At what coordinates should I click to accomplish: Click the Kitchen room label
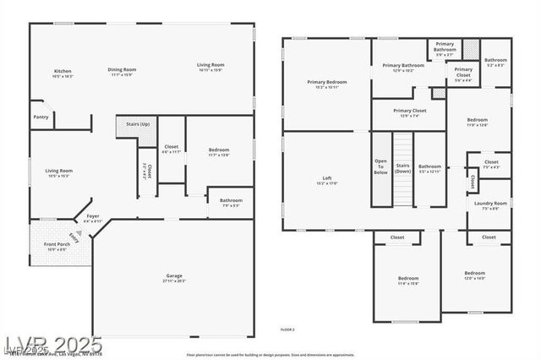click(x=63, y=71)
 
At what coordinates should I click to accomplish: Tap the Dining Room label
click(x=122, y=69)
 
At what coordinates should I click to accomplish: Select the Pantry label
click(x=41, y=117)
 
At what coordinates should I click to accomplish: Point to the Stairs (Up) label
click(x=138, y=123)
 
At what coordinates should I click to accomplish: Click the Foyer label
click(x=92, y=216)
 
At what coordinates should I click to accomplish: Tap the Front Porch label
click(x=57, y=244)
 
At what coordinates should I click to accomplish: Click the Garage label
click(x=174, y=276)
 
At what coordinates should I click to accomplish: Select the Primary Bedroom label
click(x=326, y=82)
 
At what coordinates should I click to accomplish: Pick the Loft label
click(x=326, y=177)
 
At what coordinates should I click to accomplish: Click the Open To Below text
click(x=381, y=166)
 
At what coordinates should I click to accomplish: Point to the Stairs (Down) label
click(x=403, y=168)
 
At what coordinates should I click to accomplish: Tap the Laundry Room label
click(x=490, y=203)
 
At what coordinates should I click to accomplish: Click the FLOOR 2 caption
click(x=287, y=329)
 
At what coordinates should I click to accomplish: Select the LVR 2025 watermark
click(x=52, y=346)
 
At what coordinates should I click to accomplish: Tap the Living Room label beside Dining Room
click(x=210, y=65)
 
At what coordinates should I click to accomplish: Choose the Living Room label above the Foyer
click(x=58, y=171)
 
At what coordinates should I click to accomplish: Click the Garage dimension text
click(x=174, y=281)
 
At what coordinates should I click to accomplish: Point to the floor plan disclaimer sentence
click(x=270, y=354)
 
